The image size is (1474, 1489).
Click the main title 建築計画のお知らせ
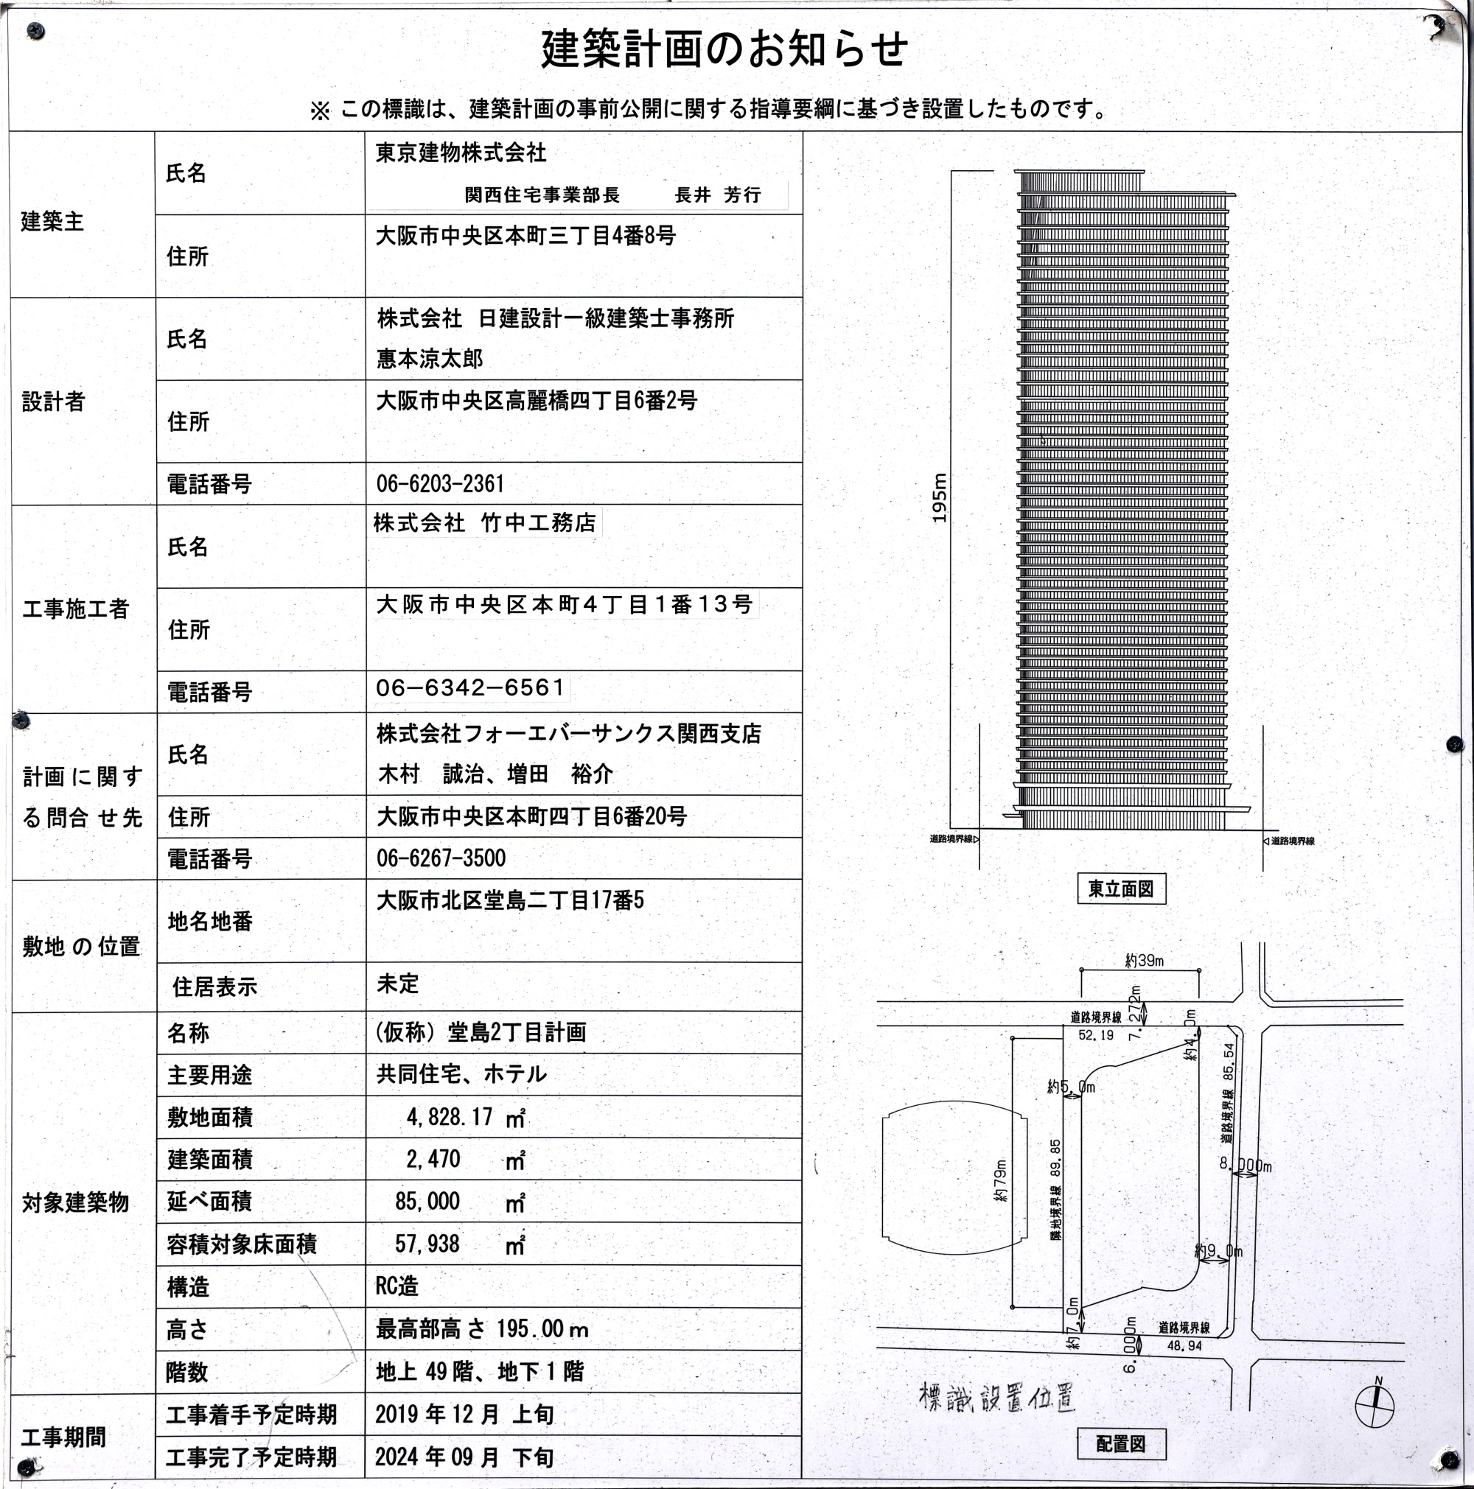point(724,49)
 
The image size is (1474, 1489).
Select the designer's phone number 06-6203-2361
point(440,484)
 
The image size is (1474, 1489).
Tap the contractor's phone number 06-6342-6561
point(470,687)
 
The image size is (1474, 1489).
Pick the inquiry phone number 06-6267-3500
point(441,858)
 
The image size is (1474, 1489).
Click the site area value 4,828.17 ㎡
point(466,1117)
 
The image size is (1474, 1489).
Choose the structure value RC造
point(397,1286)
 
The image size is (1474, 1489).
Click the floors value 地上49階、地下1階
point(480,1372)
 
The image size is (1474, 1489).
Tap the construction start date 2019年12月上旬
point(464,1415)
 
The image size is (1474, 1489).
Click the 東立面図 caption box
point(1121,889)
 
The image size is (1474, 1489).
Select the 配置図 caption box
point(1121,1443)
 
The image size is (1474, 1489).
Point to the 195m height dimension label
point(939,498)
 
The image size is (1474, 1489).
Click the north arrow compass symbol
point(1375,1405)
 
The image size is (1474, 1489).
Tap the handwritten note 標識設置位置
point(997,1395)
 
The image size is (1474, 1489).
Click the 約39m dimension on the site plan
point(1144,960)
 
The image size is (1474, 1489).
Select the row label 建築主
point(52,222)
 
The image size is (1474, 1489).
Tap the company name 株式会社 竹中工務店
point(485,523)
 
